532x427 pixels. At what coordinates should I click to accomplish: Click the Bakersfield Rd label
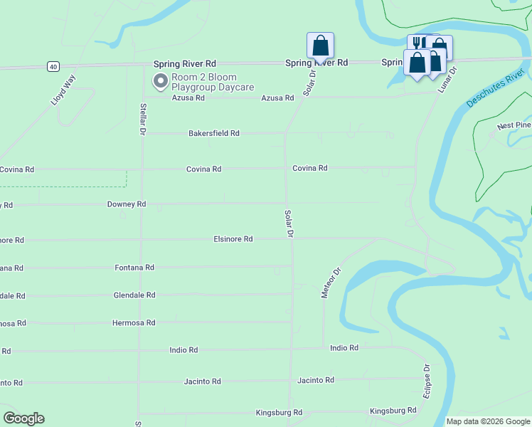pyautogui.click(x=213, y=133)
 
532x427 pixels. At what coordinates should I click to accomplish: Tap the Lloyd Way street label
pyautogui.click(x=63, y=90)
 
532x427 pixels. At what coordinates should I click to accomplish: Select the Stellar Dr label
pyautogui.click(x=142, y=119)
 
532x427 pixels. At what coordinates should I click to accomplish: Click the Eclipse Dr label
pyautogui.click(x=427, y=382)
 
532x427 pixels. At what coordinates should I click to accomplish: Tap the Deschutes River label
pyautogui.click(x=496, y=89)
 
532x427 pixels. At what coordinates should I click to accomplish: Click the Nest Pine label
pyautogui.click(x=514, y=126)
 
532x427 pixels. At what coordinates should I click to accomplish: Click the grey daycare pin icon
pyautogui.click(x=161, y=81)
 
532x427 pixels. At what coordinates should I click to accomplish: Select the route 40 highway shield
pyautogui.click(x=53, y=66)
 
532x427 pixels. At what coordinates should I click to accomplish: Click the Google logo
pyautogui.click(x=23, y=418)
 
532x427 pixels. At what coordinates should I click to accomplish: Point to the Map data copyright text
pyautogui.click(x=488, y=421)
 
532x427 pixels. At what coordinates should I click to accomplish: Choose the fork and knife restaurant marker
pyautogui.click(x=417, y=43)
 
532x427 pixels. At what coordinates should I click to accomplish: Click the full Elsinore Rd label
pyautogui.click(x=233, y=239)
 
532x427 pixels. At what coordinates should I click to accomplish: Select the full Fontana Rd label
pyautogui.click(x=134, y=268)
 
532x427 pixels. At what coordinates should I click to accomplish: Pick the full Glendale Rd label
pyautogui.click(x=134, y=295)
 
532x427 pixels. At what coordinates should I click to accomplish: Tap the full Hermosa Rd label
pyautogui.click(x=134, y=323)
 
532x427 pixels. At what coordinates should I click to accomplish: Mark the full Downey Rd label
pyautogui.click(x=126, y=204)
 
